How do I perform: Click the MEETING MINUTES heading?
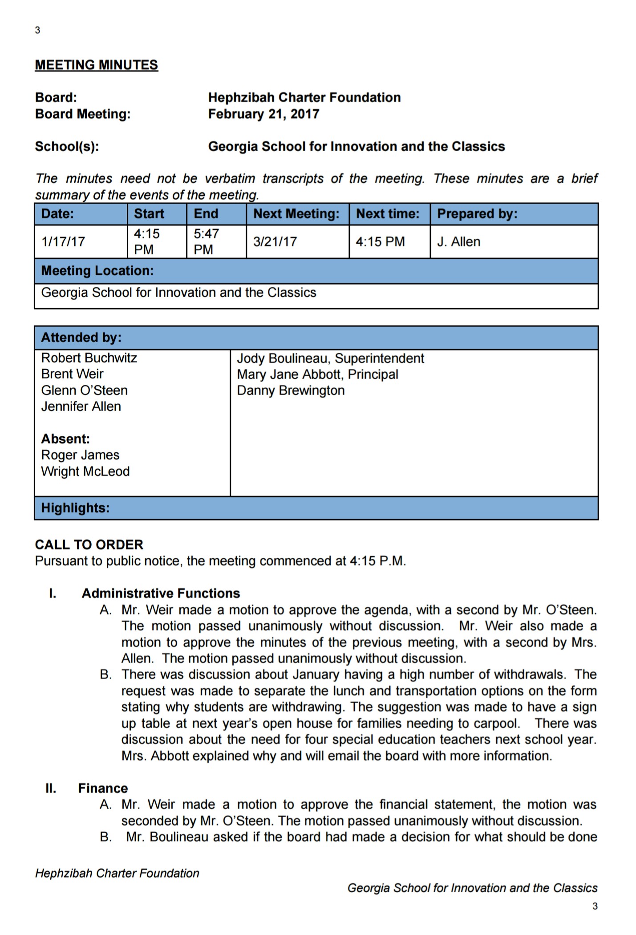click(x=96, y=65)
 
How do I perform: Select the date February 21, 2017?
click(x=263, y=114)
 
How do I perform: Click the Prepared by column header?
click(x=477, y=214)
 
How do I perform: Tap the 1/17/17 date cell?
click(x=63, y=242)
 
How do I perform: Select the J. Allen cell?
click(x=458, y=242)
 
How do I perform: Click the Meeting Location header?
click(x=97, y=270)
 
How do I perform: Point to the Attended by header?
click(x=81, y=338)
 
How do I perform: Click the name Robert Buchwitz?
click(x=89, y=358)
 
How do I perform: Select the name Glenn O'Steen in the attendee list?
click(x=84, y=391)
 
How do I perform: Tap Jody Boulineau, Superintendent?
click(x=330, y=359)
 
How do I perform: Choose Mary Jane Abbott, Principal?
click(x=317, y=375)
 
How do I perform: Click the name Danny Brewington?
click(x=291, y=391)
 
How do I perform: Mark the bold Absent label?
click(x=65, y=439)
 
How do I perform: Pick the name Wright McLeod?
click(x=85, y=472)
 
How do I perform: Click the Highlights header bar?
click(x=75, y=508)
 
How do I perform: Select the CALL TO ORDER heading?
click(x=89, y=545)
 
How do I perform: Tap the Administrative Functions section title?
click(x=161, y=593)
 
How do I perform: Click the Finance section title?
click(x=103, y=788)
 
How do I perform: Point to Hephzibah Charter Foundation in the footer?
click(x=117, y=873)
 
